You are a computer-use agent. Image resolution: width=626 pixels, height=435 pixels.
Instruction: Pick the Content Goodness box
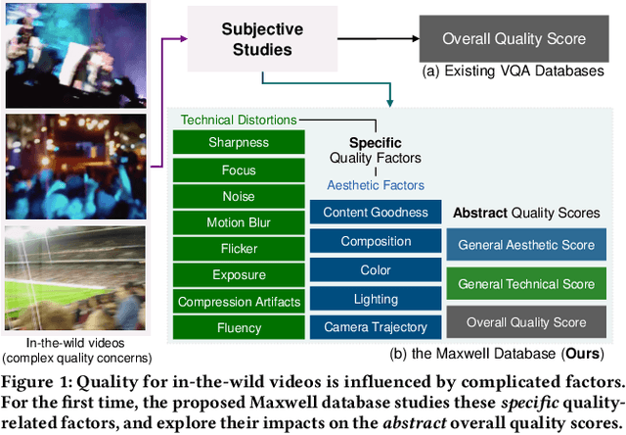point(375,212)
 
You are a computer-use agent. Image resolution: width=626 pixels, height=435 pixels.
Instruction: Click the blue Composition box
point(375,241)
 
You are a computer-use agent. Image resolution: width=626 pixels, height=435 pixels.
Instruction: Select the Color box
point(375,269)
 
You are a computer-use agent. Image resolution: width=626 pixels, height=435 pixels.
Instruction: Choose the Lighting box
point(375,299)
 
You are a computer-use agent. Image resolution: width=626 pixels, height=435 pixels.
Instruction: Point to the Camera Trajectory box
point(375,327)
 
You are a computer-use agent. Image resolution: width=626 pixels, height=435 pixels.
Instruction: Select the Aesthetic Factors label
point(375,184)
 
